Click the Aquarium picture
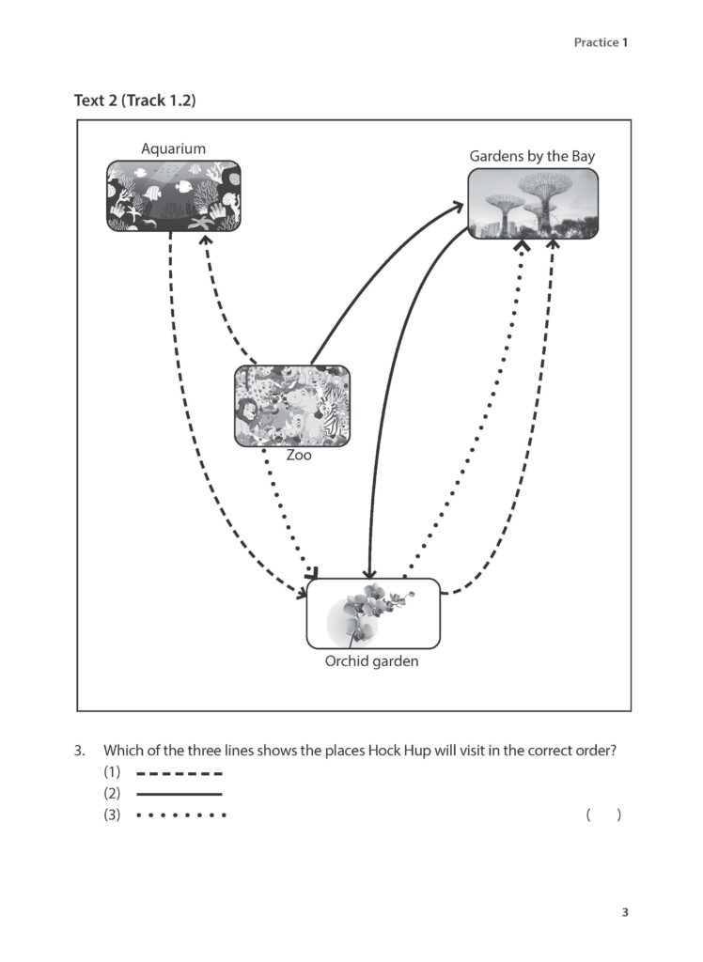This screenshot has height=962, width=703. (x=173, y=195)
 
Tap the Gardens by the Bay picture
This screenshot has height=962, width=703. (x=533, y=203)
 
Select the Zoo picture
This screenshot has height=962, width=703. (x=291, y=405)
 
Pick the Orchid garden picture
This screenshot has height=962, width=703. (x=373, y=613)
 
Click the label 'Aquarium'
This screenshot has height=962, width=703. (x=173, y=148)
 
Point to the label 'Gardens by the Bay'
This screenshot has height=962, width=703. (x=532, y=156)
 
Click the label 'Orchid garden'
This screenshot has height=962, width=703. (x=371, y=660)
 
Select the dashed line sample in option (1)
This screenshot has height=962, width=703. (x=179, y=774)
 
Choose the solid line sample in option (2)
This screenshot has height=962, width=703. (x=179, y=795)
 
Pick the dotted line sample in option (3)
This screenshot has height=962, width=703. (x=180, y=815)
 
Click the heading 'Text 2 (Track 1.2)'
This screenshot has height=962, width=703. (x=134, y=101)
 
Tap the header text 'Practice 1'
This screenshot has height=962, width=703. (x=600, y=42)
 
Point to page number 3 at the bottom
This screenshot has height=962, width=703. (x=624, y=912)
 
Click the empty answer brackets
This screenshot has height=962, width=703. (x=603, y=815)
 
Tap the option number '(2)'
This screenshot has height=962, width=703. (x=113, y=795)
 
